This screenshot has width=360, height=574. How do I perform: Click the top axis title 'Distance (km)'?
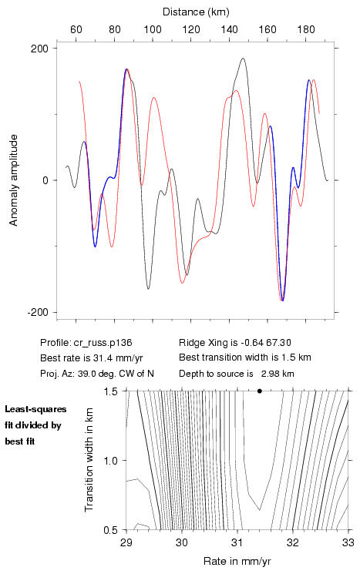[196, 12]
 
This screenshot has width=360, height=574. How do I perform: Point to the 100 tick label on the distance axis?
[153, 29]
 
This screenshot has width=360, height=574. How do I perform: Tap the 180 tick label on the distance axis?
[306, 29]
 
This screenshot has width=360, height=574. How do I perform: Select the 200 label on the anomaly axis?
[39, 49]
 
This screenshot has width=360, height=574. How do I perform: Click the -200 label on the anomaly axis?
[37, 312]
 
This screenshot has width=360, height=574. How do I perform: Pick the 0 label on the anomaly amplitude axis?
[45, 180]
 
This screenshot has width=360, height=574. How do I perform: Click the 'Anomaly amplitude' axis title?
[13, 180]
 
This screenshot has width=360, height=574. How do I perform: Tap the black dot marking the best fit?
[260, 391]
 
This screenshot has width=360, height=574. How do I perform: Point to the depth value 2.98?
[270, 374]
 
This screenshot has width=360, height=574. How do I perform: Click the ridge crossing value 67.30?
[278, 343]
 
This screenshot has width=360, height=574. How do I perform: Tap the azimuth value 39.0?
[86, 374]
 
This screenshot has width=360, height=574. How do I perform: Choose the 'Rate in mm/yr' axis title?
[237, 561]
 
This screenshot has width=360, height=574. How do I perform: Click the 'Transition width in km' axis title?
[89, 460]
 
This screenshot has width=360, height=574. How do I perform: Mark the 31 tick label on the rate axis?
[237, 542]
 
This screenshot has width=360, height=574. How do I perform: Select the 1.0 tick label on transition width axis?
[110, 461]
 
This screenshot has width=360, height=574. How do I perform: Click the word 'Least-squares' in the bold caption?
[36, 409]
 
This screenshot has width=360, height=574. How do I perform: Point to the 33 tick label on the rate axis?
[348, 542]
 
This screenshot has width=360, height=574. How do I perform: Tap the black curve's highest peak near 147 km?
[243, 59]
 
